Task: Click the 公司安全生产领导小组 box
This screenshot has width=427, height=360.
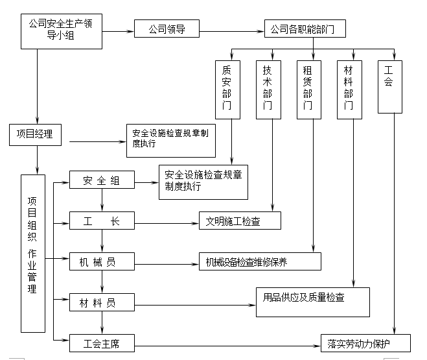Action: pyautogui.click(x=62, y=30)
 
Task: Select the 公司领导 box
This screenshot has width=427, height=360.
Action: pyautogui.click(x=167, y=29)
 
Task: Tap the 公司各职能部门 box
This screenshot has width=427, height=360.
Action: pyautogui.click(x=303, y=29)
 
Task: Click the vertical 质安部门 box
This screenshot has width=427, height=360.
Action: pyautogui.click(x=227, y=90)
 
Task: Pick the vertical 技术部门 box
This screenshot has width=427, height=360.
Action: pyautogui.click(x=268, y=90)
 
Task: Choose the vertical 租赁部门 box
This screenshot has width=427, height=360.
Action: pyautogui.click(x=308, y=90)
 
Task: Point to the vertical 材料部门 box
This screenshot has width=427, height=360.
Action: pyautogui.click(x=349, y=90)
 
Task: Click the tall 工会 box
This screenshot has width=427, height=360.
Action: pyautogui.click(x=389, y=87)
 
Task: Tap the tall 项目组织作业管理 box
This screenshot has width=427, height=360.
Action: pyautogui.click(x=33, y=254)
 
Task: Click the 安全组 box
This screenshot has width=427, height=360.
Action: pyautogui.click(x=101, y=181)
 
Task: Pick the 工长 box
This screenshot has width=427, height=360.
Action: pyautogui.click(x=101, y=221)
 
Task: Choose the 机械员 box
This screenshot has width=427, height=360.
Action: pyautogui.click(x=101, y=261)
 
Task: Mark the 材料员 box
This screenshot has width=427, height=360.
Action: pyautogui.click(x=101, y=302)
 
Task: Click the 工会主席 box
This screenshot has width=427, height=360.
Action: pyautogui.click(x=101, y=342)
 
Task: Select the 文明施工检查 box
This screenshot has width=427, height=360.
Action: pyautogui.click(x=240, y=221)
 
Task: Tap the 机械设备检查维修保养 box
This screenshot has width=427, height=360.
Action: pyautogui.click(x=259, y=261)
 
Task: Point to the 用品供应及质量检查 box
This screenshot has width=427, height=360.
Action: pyautogui.click(x=312, y=302)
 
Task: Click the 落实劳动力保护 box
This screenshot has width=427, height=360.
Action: pyautogui.click(x=365, y=342)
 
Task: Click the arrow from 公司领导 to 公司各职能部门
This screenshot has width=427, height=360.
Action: pyautogui.click(x=231, y=30)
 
